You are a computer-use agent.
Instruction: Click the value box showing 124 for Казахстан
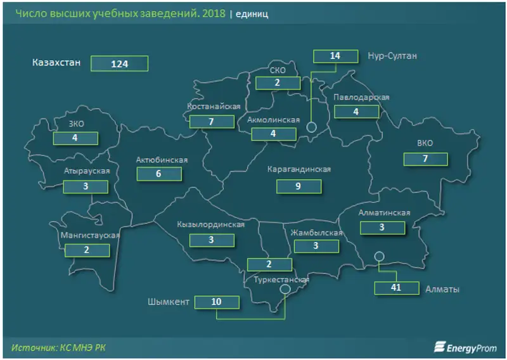click(x=119, y=63)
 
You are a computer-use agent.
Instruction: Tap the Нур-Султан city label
click(x=392, y=56)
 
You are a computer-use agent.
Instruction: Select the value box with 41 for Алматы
click(x=397, y=288)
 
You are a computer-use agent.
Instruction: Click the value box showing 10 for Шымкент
click(x=217, y=302)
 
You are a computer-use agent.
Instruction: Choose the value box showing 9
click(x=298, y=186)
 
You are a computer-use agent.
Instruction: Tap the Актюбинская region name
click(x=162, y=160)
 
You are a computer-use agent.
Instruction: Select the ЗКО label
click(x=75, y=124)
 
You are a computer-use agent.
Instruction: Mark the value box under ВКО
click(x=425, y=158)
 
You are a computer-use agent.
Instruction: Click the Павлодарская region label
click(x=361, y=97)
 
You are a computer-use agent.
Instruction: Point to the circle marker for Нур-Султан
click(x=311, y=127)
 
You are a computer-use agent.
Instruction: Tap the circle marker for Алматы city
click(x=379, y=256)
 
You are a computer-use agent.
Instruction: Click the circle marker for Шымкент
click(x=285, y=288)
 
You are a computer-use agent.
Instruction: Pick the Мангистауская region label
click(x=89, y=235)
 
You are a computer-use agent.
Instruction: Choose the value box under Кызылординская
click(x=211, y=240)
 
